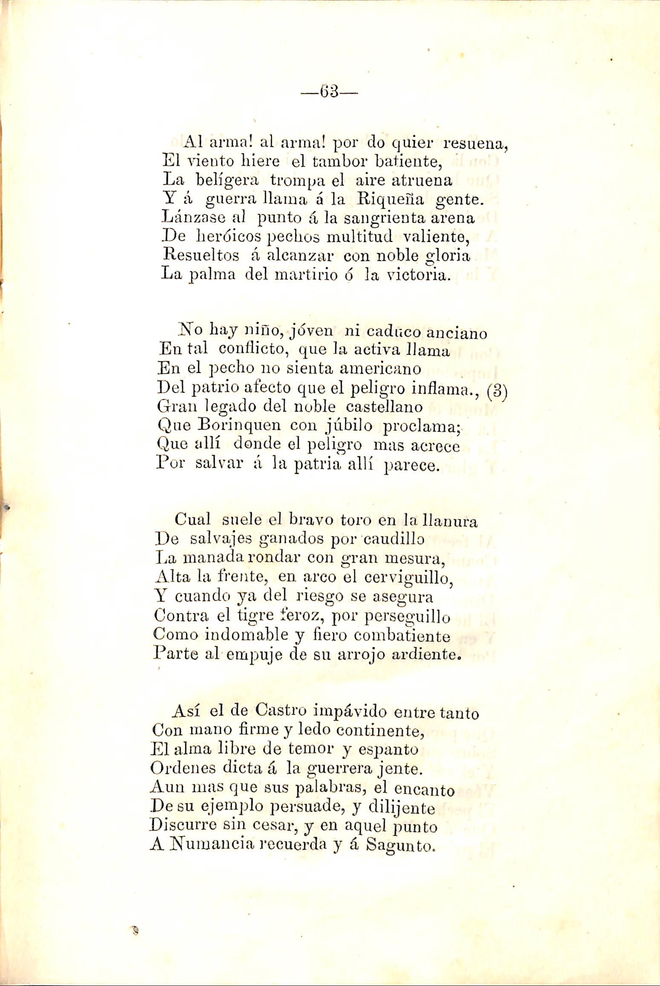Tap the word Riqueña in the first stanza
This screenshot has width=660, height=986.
381,199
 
